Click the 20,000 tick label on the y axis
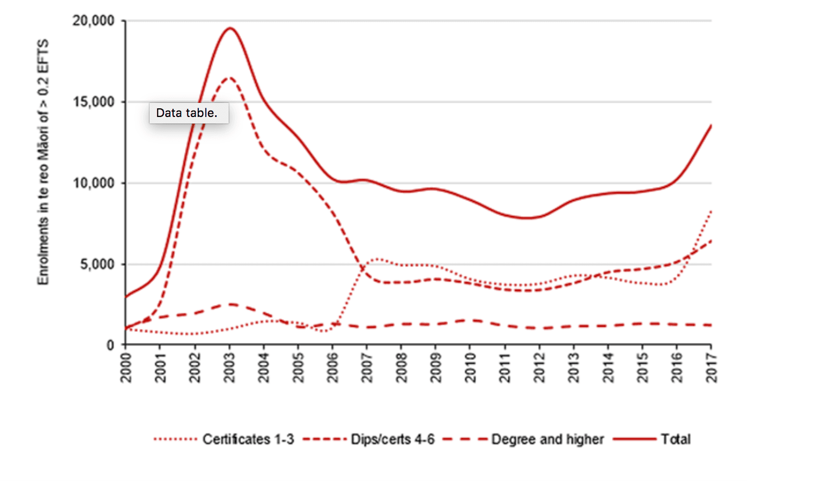[94, 21]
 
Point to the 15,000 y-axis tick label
[94, 102]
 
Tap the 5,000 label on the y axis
[98, 264]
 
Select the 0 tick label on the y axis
[111, 345]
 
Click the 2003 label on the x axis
[229, 367]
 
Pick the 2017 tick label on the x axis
[711, 367]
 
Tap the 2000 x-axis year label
[126, 367]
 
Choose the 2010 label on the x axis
[470, 367]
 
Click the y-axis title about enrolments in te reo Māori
[43, 161]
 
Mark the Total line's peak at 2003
[230, 28]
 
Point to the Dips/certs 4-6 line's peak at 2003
[229, 77]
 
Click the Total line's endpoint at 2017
[710, 126]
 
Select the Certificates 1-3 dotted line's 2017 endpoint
[710, 211]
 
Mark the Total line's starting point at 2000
[126, 296]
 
